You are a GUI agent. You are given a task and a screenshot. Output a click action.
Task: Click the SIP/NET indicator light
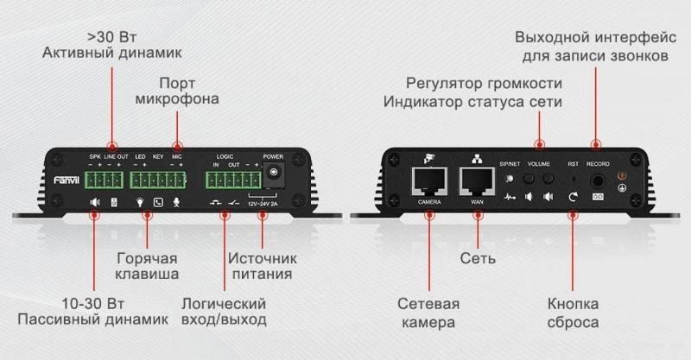tap(510, 180)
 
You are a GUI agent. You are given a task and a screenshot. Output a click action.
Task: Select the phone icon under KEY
tap(158, 203)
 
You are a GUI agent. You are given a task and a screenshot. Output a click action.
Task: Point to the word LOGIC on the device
tap(225, 156)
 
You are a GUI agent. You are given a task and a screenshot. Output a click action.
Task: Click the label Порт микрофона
tap(177, 91)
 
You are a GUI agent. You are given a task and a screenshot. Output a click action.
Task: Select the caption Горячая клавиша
tap(148, 267)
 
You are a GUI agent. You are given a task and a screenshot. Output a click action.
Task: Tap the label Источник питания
tap(262, 267)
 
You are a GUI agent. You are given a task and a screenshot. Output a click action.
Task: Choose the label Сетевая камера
tap(428, 313)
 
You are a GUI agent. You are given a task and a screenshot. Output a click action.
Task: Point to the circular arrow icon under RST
tap(573, 198)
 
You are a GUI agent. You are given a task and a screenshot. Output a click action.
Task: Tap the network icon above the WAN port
tap(476, 158)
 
